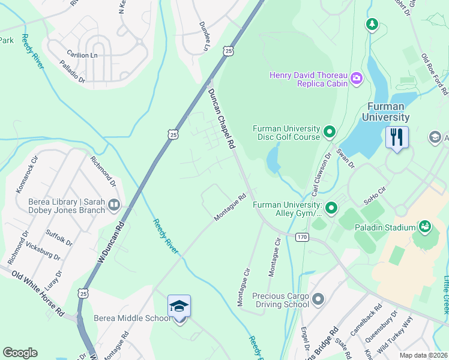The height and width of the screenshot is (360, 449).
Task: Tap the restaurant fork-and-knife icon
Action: (397, 137)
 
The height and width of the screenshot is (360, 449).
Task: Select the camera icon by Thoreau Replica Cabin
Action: (357, 78)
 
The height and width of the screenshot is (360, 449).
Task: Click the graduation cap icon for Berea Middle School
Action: (179, 306)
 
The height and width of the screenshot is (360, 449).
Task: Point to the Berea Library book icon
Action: (113, 206)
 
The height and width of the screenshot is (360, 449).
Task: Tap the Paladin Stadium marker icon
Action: (425, 227)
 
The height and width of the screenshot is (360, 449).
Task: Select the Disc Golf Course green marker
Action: (329, 131)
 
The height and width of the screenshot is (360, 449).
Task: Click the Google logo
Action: (20, 353)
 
